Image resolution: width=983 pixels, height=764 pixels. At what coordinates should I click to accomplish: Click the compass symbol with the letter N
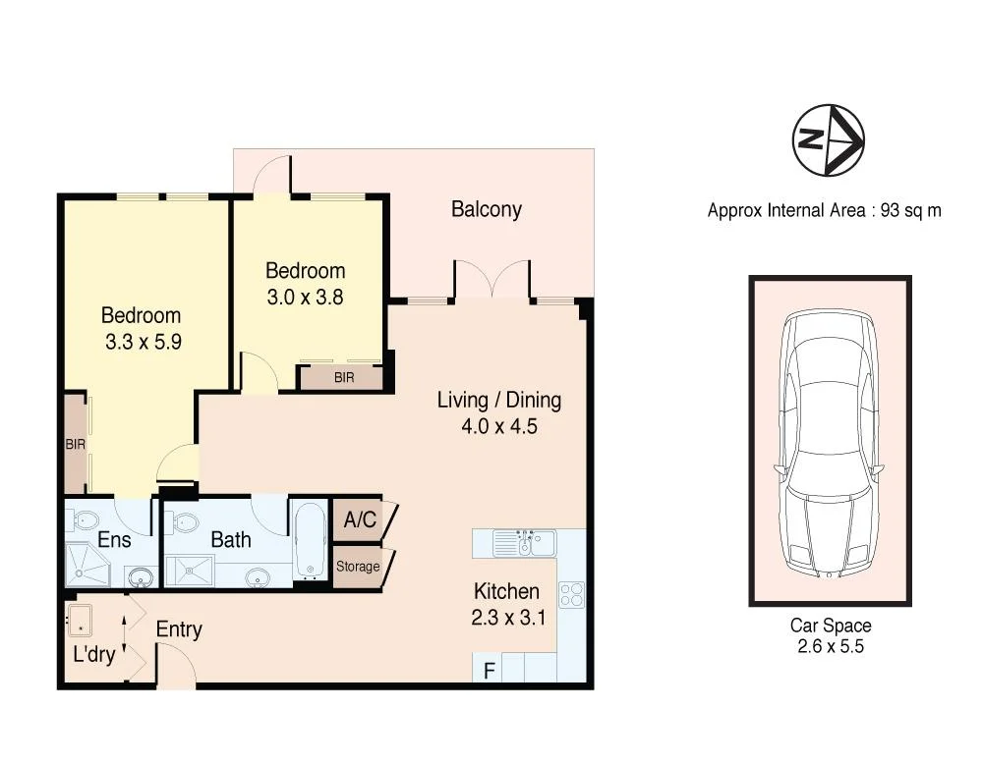tap(828, 140)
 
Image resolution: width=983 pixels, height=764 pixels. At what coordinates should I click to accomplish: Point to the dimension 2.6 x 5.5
tap(830, 646)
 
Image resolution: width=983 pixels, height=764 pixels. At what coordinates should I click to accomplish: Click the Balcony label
tap(486, 209)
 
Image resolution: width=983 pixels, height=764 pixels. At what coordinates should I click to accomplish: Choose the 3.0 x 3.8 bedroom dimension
tap(305, 296)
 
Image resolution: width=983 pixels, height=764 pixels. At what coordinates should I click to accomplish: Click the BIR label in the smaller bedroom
tap(343, 377)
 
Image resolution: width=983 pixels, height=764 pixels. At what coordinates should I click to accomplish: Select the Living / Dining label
tap(498, 401)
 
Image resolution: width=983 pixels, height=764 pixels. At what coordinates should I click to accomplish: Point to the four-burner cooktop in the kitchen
tap(571, 594)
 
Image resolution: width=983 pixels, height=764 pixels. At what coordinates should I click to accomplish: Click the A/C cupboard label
tap(360, 519)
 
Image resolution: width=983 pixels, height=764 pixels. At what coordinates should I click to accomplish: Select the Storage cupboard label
tap(357, 567)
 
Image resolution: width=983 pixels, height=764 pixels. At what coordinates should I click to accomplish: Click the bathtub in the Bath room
tap(310, 540)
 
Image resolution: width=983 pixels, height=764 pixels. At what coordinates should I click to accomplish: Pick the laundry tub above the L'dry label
tap(80, 619)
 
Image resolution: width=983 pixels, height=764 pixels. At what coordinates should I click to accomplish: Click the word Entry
tap(179, 629)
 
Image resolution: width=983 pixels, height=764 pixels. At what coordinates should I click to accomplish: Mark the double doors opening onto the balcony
tap(491, 280)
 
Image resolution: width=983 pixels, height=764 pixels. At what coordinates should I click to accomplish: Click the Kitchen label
tap(506, 592)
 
